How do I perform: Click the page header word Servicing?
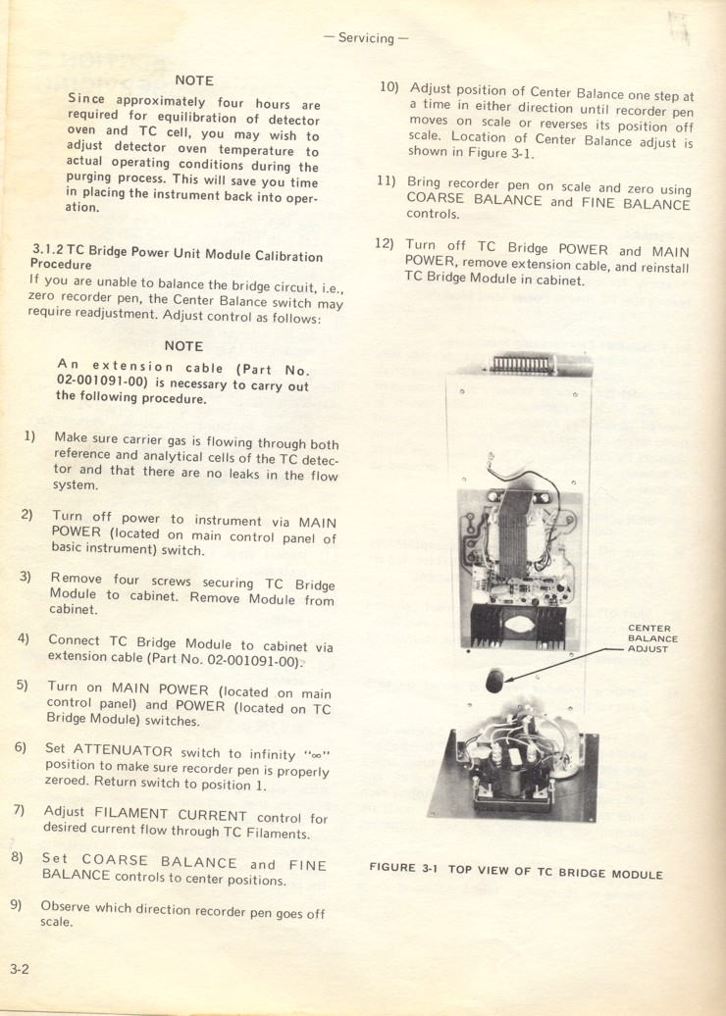(x=365, y=38)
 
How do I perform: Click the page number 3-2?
(x=21, y=970)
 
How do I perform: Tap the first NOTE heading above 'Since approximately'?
(x=194, y=80)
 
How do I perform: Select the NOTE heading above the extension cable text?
(x=183, y=346)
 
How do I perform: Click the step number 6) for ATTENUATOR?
(x=21, y=747)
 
